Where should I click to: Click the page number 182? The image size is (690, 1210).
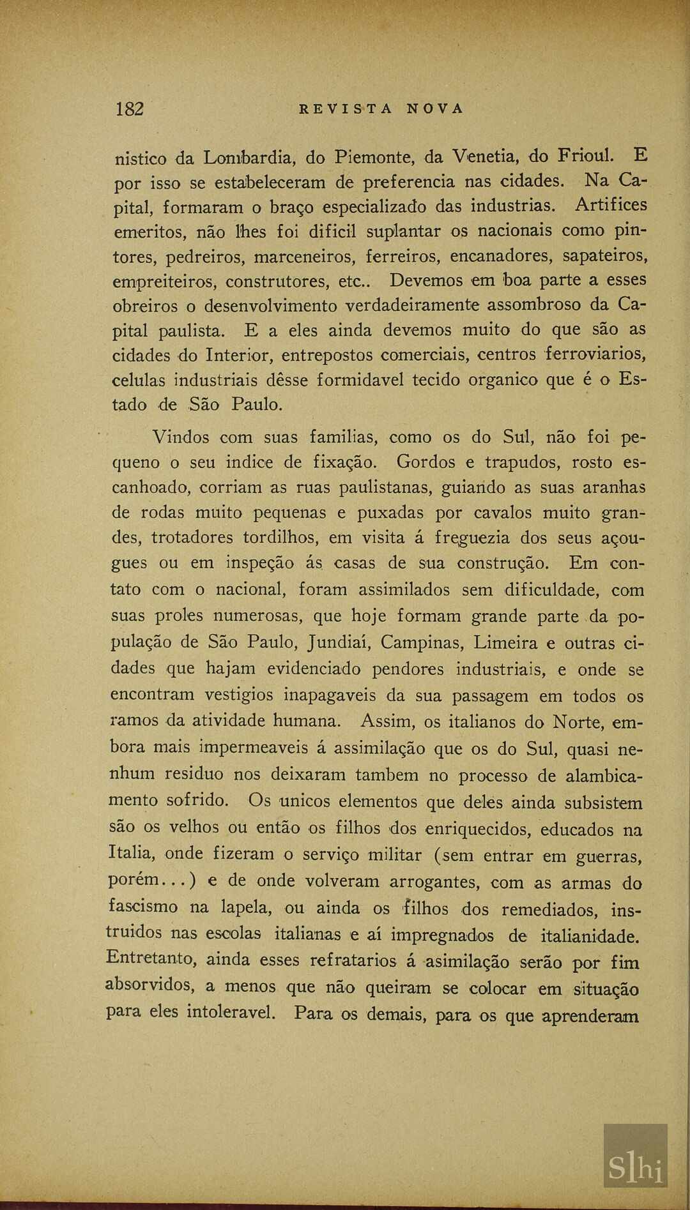click(130, 109)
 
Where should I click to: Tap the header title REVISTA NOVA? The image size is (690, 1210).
click(381, 109)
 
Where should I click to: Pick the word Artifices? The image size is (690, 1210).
click(611, 205)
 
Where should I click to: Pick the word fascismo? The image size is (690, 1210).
click(143, 907)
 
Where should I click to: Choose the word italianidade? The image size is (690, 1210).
click(590, 937)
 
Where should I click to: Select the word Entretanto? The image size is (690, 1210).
click(151, 958)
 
